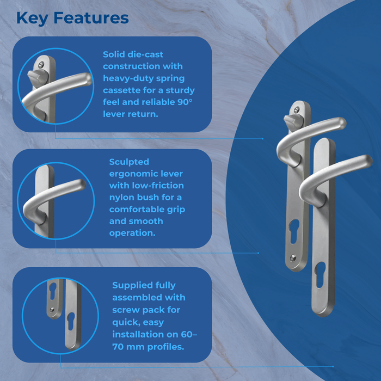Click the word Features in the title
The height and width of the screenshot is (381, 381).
click(x=91, y=17)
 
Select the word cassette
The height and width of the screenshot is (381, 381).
click(x=123, y=90)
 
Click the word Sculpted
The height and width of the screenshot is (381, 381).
click(x=129, y=162)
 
